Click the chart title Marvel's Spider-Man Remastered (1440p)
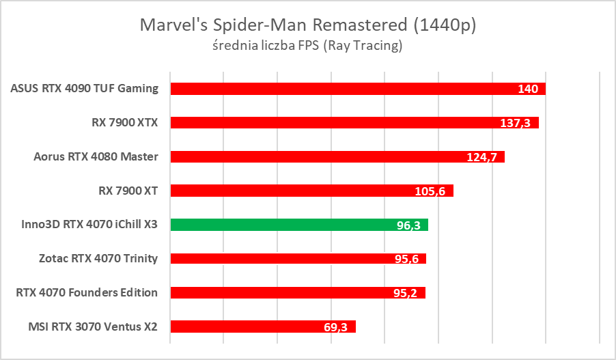(x=307, y=25)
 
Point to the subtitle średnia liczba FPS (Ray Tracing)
(x=307, y=46)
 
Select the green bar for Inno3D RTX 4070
(x=299, y=225)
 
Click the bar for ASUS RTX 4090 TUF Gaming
(x=341, y=88)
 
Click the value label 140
(x=528, y=89)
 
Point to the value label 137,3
(x=517, y=123)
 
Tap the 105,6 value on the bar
(x=430, y=191)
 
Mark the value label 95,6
(x=406, y=259)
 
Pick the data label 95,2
(x=405, y=293)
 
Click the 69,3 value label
(x=335, y=327)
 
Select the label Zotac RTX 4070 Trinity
(x=99, y=258)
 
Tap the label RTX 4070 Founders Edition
(x=87, y=292)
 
